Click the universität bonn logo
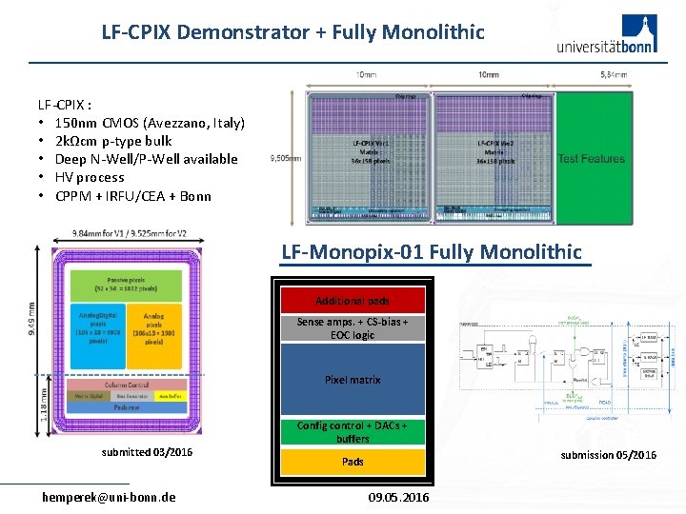pyautogui.click(x=605, y=36)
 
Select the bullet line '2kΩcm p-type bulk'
pyautogui.click(x=113, y=141)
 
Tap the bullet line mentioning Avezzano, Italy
pyautogui.click(x=150, y=123)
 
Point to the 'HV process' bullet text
pyautogui.click(x=90, y=177)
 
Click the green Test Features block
pyautogui.click(x=592, y=158)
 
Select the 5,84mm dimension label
pyautogui.click(x=614, y=74)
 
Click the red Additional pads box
pyautogui.click(x=353, y=301)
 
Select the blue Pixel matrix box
pyautogui.click(x=353, y=379)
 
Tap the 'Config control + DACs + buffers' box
pyautogui.click(x=353, y=432)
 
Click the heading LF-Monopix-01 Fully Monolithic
pyautogui.click(x=431, y=252)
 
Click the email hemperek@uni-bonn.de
pyautogui.click(x=109, y=497)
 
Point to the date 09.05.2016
pyautogui.click(x=397, y=497)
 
